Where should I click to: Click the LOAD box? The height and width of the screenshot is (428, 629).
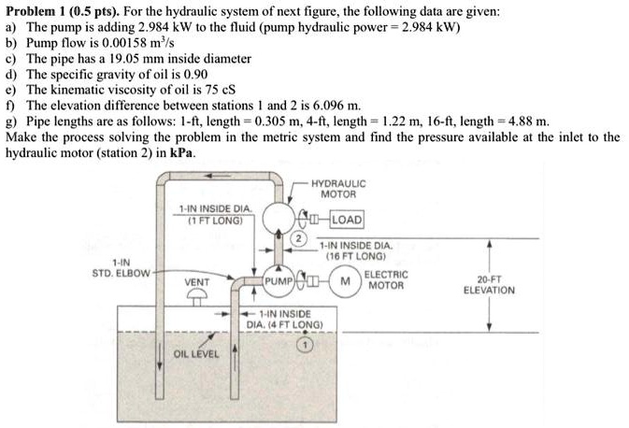347,220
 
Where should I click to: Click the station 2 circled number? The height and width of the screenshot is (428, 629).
298,238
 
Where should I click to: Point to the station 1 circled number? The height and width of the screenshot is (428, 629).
306,345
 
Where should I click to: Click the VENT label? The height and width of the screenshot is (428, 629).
196,282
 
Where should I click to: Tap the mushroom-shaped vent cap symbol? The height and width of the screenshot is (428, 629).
196,297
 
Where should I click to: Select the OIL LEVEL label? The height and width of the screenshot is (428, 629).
196,354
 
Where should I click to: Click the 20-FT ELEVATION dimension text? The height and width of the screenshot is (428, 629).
489,285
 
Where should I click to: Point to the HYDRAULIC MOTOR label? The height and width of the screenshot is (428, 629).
339,189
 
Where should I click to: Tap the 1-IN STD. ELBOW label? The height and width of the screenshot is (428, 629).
122,268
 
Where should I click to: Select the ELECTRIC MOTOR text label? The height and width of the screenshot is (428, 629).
386,280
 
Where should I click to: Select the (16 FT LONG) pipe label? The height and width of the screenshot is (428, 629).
355,256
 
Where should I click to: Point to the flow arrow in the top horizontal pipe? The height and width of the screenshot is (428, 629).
218,176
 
